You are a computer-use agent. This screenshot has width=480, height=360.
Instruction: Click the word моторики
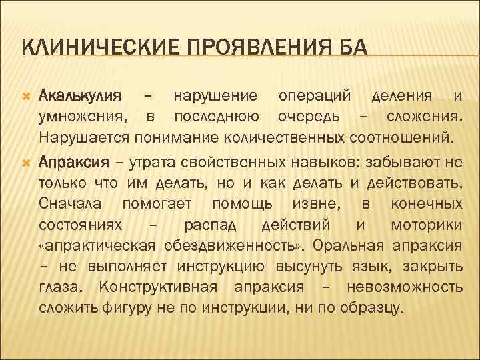427,225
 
